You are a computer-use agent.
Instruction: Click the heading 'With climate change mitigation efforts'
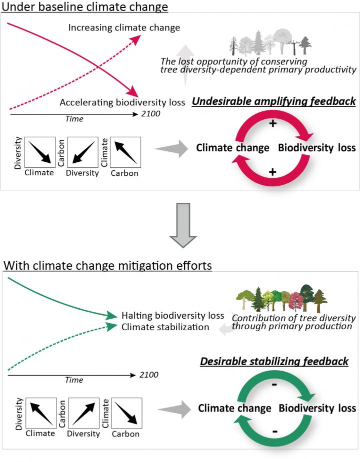tap(107, 265)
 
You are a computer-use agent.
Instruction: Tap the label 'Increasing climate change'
tap(124, 27)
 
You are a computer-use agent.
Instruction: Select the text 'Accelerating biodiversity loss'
tap(122, 103)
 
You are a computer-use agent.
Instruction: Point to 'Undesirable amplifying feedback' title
tap(273, 101)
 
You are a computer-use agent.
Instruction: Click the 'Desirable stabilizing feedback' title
tap(274, 361)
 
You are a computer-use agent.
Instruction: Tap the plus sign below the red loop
tap(272, 172)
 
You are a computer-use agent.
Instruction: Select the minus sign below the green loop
tap(275, 431)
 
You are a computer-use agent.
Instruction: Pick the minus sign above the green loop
tap(274, 386)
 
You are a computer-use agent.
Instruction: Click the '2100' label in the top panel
tap(150, 114)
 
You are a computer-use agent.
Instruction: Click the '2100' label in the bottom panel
tap(148, 375)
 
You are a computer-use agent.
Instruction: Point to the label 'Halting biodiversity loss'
tap(172, 316)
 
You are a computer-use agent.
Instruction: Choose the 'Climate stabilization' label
tap(165, 327)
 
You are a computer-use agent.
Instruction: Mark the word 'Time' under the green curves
tap(74, 380)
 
